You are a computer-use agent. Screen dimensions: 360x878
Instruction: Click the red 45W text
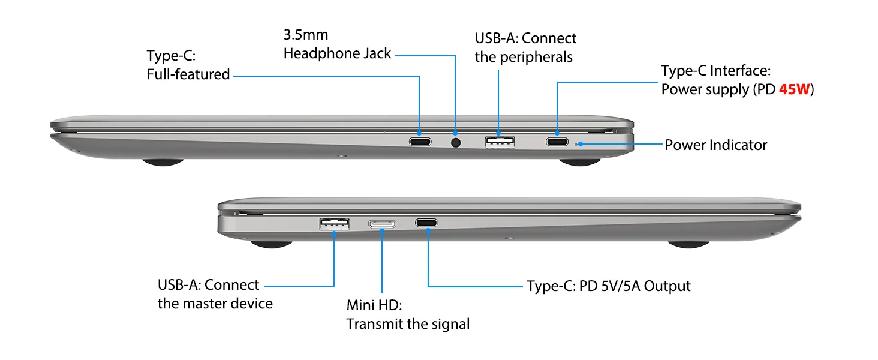pos(794,89)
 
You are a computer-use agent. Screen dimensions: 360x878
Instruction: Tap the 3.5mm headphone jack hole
pos(455,143)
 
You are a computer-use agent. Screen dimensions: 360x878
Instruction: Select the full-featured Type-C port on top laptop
pos(420,142)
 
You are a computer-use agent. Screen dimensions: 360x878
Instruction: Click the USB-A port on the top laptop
pos(499,142)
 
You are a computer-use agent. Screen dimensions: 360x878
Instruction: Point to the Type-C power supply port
pos(557,142)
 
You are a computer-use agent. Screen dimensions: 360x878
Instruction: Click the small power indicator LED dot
pos(578,145)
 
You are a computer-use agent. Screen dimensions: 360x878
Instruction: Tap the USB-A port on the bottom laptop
pos(334,224)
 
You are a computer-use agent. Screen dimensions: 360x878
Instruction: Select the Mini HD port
pos(381,224)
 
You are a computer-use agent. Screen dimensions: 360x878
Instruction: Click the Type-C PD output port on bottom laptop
pos(426,223)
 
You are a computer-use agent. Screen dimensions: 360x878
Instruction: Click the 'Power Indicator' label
pos(715,145)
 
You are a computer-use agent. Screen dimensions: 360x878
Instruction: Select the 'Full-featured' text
pos(188,74)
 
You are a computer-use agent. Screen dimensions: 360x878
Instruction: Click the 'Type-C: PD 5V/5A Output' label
pos(608,286)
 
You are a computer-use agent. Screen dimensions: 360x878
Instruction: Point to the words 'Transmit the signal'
pos(408,324)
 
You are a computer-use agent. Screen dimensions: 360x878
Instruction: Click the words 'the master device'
pos(215,304)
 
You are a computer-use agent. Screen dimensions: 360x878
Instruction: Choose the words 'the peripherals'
pos(524,57)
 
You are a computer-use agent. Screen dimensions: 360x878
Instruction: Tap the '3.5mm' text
pos(306,35)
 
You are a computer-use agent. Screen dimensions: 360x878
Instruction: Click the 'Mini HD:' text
pos(374,305)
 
